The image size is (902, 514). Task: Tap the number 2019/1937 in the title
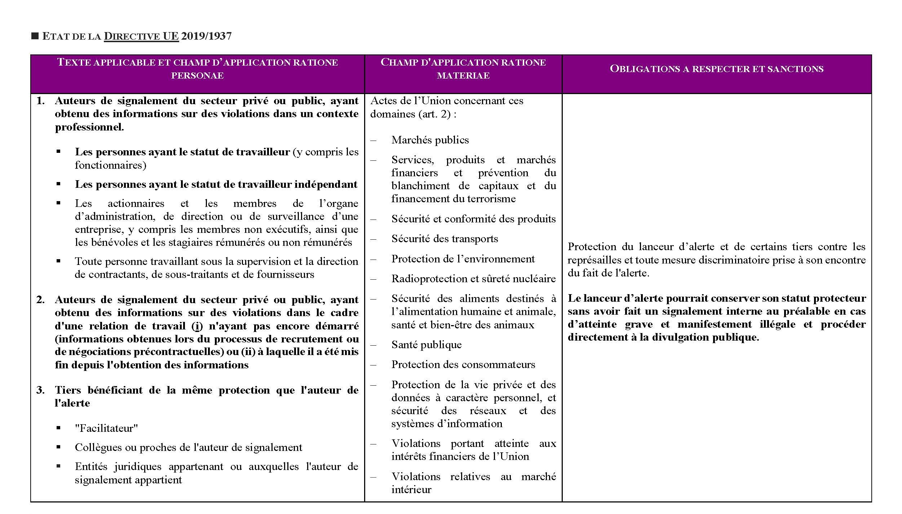(x=206, y=36)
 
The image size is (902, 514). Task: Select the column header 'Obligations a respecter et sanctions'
(x=716, y=69)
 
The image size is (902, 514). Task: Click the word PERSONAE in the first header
(x=197, y=76)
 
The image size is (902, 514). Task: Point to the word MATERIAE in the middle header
(x=463, y=76)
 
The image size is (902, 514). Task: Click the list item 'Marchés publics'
(x=430, y=140)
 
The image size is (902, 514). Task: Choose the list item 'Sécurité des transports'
(x=445, y=239)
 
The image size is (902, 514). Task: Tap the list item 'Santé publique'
(x=426, y=345)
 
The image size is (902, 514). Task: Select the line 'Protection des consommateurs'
(x=463, y=364)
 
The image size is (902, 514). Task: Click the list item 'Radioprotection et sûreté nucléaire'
(x=473, y=279)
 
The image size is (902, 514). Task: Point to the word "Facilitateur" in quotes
(x=106, y=428)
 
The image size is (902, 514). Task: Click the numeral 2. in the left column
(x=40, y=300)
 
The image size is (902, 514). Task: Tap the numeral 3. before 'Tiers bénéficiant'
(x=40, y=390)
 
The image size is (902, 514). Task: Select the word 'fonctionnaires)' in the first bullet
(x=110, y=165)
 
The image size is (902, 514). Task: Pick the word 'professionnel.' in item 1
(x=89, y=127)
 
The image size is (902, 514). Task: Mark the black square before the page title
(x=35, y=36)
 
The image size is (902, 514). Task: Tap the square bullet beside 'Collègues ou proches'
(x=58, y=447)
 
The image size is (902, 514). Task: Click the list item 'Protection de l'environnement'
(x=463, y=259)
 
